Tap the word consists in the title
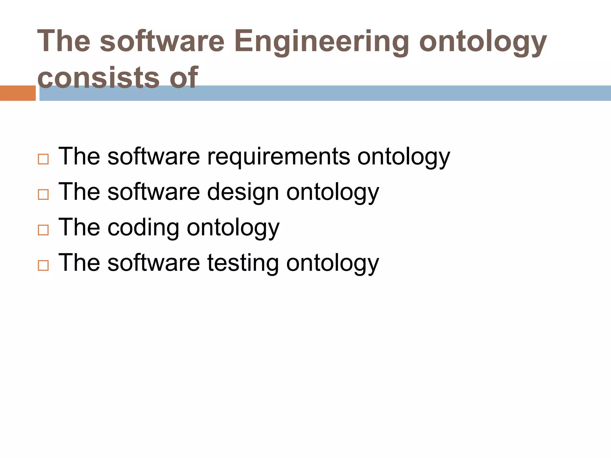98,78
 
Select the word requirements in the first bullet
278,156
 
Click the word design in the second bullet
243,192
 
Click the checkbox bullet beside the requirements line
43,159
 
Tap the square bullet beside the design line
43,195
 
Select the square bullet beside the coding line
43,230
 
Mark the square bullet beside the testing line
43,265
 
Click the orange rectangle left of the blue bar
18,93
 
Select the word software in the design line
153,191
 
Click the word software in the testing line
153,262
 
